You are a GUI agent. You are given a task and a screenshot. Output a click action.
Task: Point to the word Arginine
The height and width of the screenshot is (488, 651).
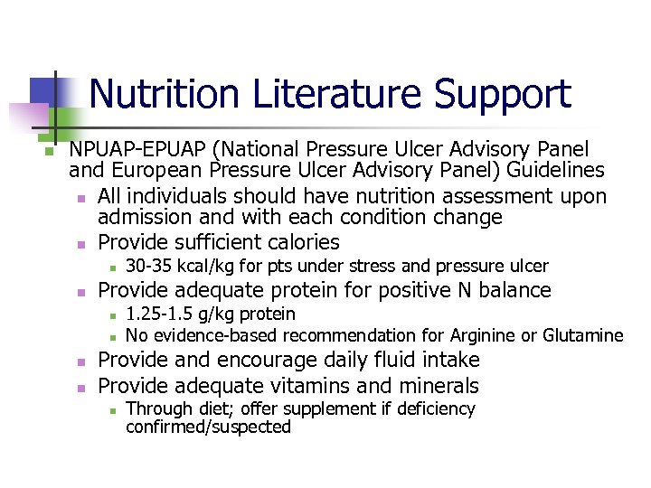(x=464, y=336)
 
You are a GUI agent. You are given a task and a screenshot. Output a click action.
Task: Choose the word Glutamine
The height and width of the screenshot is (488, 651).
(x=583, y=336)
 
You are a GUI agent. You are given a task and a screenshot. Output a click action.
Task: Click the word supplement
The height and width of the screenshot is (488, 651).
(x=298, y=408)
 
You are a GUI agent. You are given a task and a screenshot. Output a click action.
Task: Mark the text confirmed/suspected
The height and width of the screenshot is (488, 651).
(x=208, y=427)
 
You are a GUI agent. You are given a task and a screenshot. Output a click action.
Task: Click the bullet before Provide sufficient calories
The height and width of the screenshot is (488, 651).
(x=80, y=243)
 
